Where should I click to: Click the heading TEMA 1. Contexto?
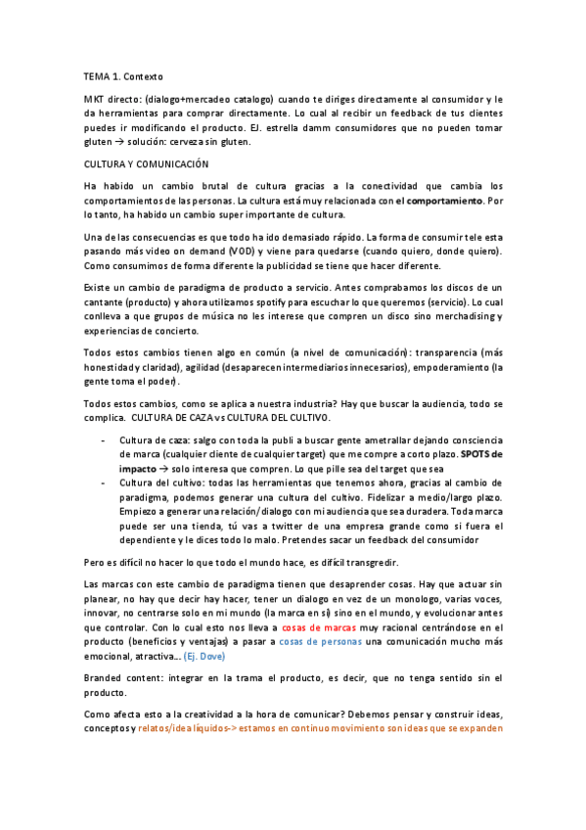pyautogui.click(x=123, y=75)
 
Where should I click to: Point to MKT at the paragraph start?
pyautogui.click(x=96, y=99)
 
